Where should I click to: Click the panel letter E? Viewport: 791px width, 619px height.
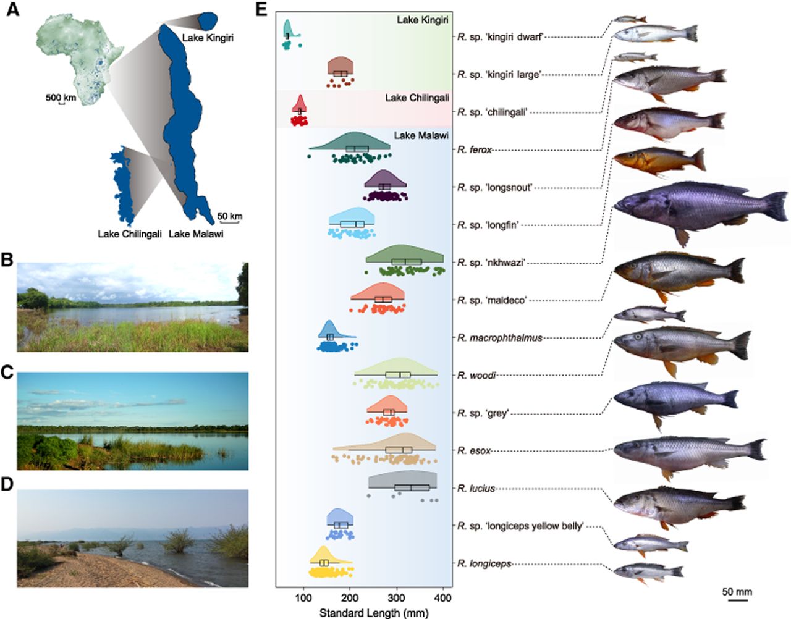261,10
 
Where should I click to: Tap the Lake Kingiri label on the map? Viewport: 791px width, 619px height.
208,38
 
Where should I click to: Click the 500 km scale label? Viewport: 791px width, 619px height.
61,98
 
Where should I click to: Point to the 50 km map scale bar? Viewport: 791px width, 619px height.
229,222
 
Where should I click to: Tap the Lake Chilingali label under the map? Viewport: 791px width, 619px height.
130,234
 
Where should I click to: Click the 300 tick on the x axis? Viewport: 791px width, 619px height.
396,597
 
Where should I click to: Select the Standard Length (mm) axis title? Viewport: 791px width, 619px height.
374,613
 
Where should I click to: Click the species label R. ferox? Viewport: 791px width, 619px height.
475,149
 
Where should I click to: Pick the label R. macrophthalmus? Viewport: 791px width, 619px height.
500,338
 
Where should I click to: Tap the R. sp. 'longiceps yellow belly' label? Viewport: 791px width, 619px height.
520,526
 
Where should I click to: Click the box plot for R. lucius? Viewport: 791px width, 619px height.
412,487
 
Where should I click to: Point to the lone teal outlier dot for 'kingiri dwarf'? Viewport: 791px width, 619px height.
300,45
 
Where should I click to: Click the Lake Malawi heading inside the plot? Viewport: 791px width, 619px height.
421,136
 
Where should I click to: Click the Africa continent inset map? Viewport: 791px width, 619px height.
80,58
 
